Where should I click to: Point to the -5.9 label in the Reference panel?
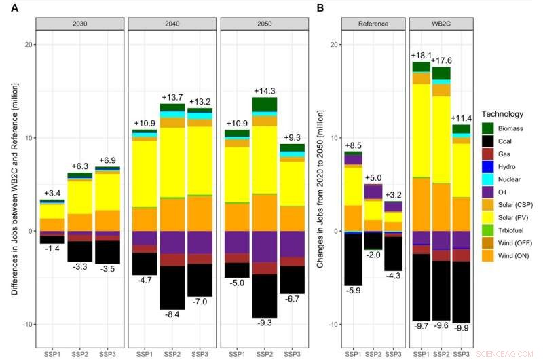[353, 291]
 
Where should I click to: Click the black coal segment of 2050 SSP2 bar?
[264, 295]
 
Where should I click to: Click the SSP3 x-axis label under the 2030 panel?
[107, 354]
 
